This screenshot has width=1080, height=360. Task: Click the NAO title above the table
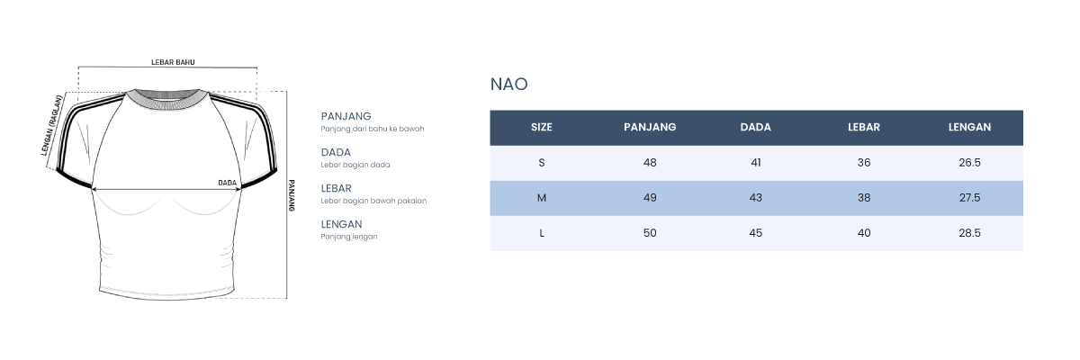(x=508, y=85)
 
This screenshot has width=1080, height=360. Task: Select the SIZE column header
(x=542, y=127)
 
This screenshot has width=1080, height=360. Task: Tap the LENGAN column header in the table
(x=969, y=127)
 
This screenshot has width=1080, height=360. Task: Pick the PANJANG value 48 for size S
(x=650, y=163)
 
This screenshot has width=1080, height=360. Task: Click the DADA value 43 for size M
(x=755, y=198)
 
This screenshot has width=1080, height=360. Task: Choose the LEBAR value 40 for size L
(x=863, y=233)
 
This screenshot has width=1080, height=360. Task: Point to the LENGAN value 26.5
(x=969, y=163)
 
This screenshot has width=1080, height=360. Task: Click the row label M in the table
(x=542, y=198)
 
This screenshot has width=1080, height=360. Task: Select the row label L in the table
(x=542, y=233)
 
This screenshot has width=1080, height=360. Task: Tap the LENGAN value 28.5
(x=969, y=233)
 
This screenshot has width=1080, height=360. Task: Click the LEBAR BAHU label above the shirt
(x=173, y=62)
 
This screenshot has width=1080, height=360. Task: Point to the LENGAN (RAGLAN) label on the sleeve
(x=52, y=126)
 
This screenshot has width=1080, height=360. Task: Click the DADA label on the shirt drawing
(x=227, y=183)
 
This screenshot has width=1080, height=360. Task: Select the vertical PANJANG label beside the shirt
(x=292, y=195)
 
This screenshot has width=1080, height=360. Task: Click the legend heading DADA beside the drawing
(x=336, y=152)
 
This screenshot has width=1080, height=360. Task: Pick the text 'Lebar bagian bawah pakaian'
(x=373, y=201)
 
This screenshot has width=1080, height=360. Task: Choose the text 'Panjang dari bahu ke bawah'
(x=373, y=129)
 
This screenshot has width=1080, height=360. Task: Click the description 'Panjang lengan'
(x=349, y=237)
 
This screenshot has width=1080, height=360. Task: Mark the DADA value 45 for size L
(x=755, y=233)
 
